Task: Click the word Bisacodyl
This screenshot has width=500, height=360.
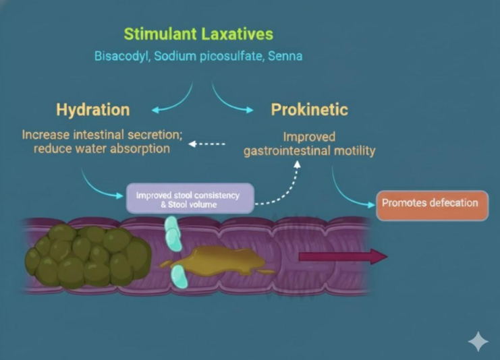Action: pyautogui.click(x=121, y=56)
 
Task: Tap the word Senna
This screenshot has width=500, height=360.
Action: pyautogui.click(x=285, y=56)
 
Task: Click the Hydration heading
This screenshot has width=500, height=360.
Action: pyautogui.click(x=93, y=109)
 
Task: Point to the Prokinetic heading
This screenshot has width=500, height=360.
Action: pyautogui.click(x=309, y=109)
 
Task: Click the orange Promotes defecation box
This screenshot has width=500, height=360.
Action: pyautogui.click(x=431, y=204)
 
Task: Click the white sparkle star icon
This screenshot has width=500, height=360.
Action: pyautogui.click(x=478, y=341)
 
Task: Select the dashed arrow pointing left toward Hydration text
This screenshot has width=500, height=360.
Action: pyautogui.click(x=205, y=144)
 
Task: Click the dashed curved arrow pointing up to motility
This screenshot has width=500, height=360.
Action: pyautogui.click(x=287, y=185)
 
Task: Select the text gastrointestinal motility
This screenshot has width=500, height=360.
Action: pyautogui.click(x=309, y=150)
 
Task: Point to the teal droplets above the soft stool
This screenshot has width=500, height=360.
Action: pyautogui.click(x=174, y=233)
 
